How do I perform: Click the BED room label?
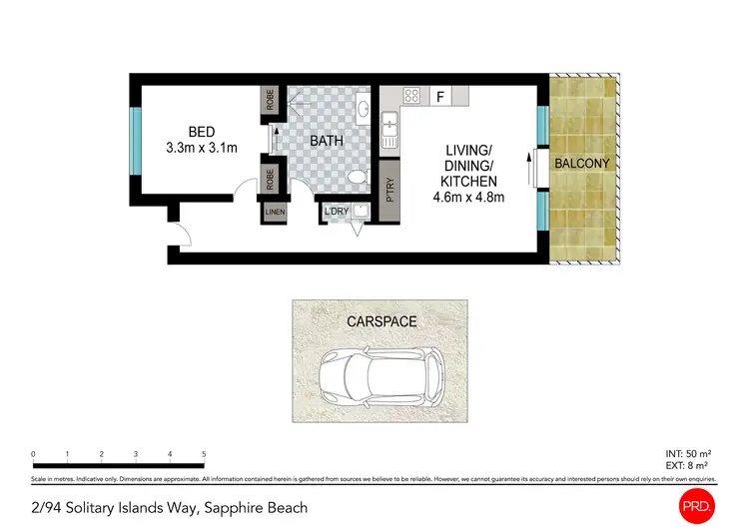(203, 132)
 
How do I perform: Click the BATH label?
(326, 141)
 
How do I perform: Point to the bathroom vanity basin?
(364, 107)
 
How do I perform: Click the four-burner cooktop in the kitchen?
(410, 97)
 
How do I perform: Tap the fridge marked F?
(439, 97)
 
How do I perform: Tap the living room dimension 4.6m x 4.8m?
(469, 198)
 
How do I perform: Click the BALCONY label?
(583, 163)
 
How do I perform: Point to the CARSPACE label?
(381, 321)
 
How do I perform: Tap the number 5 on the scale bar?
(204, 454)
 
